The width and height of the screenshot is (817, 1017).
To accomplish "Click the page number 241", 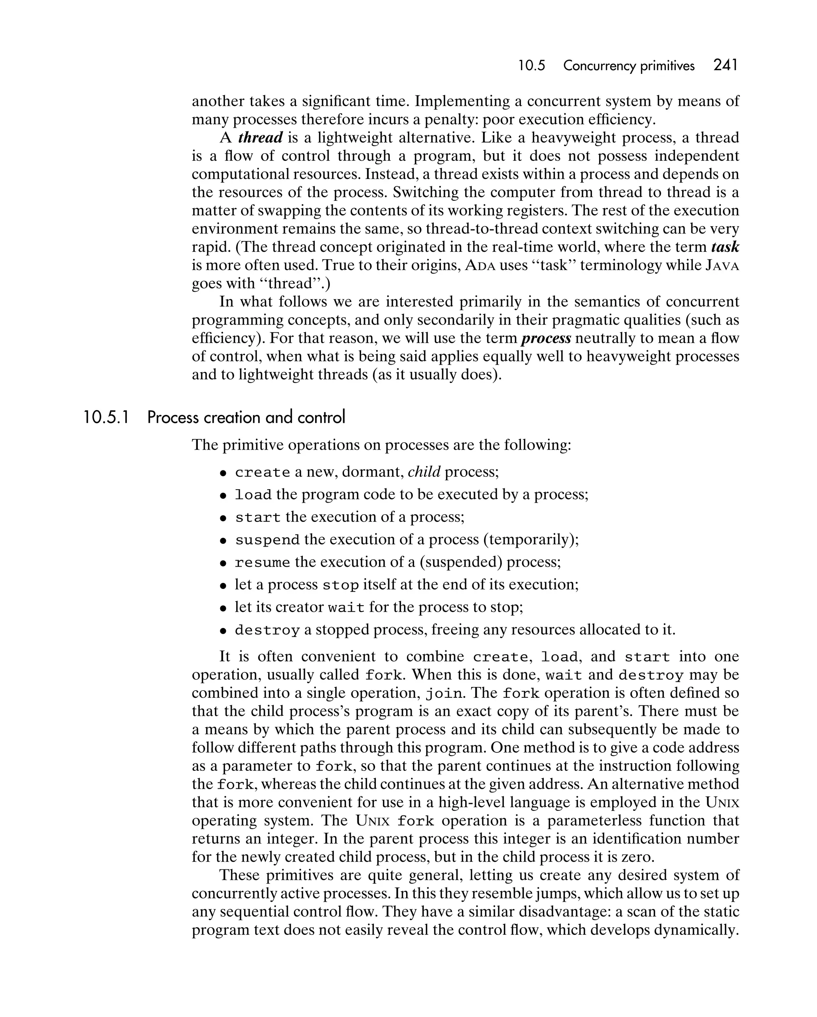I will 726,65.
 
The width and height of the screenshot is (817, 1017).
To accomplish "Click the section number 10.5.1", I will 106,417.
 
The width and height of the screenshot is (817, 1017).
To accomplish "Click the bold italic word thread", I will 260,138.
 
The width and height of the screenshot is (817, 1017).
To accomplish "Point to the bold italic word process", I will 546,338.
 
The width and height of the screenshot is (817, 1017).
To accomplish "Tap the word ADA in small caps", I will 480,266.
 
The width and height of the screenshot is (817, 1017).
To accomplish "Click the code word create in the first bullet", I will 262,472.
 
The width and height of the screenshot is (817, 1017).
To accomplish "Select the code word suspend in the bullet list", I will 267,540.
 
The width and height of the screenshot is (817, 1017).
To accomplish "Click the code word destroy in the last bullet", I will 267,630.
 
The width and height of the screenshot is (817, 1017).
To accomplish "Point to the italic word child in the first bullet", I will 424,472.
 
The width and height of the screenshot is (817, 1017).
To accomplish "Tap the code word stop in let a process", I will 341,585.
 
